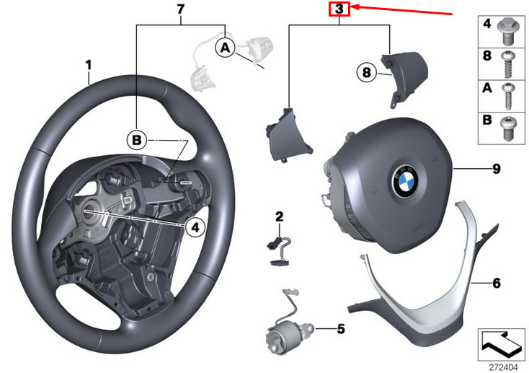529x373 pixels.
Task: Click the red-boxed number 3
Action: pos(339,9)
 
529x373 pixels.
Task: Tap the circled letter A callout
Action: pos(225,48)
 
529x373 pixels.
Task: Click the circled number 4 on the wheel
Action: pos(192,227)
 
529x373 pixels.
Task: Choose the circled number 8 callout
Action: pos(365,72)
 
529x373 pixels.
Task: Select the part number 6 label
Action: pos(497,282)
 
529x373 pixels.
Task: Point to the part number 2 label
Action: pos(280,216)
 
